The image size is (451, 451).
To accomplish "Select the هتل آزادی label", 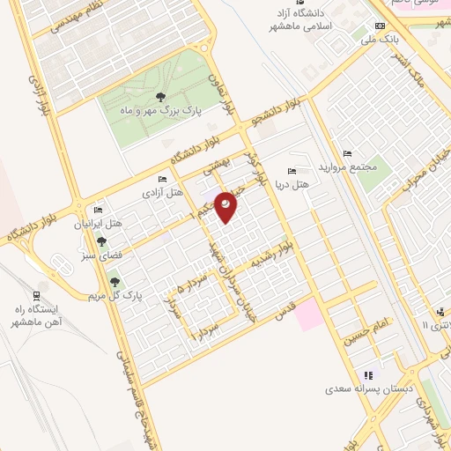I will point(165,191).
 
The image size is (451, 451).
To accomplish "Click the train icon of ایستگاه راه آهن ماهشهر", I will point(36,294).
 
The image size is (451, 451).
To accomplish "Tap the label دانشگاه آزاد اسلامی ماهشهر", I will point(306,20).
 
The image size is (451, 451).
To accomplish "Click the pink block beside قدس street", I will point(309,314).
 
